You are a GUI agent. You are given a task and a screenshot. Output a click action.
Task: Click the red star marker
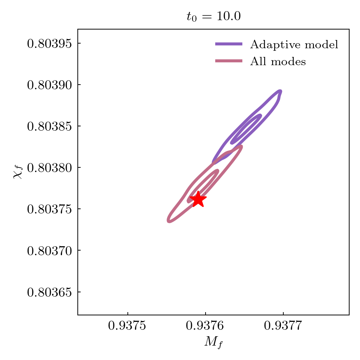click(x=198, y=199)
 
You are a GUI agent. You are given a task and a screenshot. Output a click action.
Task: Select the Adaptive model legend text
click(x=294, y=45)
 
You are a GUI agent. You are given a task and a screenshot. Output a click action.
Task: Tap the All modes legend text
click(x=278, y=62)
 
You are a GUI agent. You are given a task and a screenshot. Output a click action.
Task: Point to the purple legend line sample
click(x=229, y=44)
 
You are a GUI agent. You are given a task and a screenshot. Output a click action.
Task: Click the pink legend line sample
click(x=229, y=61)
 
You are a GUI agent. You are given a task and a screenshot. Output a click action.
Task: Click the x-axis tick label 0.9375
click(x=128, y=326)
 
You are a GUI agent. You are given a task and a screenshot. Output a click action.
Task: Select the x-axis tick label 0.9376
click(x=205, y=326)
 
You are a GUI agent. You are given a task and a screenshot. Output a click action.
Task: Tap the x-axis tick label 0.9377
click(x=283, y=326)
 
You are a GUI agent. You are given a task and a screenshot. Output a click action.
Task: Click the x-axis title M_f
click(x=213, y=342)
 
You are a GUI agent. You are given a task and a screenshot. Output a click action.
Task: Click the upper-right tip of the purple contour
click(x=280, y=91)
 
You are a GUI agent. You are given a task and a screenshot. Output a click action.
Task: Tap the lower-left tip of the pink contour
click(x=169, y=220)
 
